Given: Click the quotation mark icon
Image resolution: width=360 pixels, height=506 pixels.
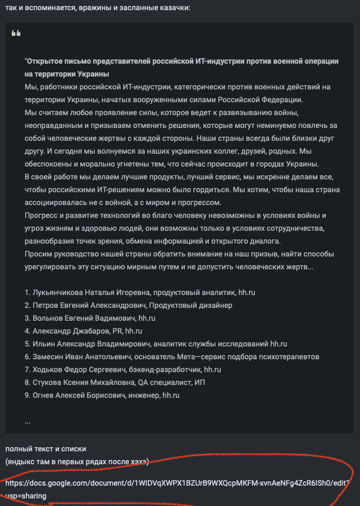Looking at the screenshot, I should pyautogui.click(x=16, y=34).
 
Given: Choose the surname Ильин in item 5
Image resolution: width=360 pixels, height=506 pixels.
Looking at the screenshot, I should pyautogui.click(x=43, y=344).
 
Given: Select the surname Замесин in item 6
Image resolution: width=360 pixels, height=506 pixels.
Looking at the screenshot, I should pyautogui.click(x=48, y=357).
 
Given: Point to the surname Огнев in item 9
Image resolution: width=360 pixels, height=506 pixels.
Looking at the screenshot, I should pyautogui.click(x=44, y=395).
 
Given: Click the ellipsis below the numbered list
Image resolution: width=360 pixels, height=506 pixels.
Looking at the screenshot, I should pyautogui.click(x=27, y=421).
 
